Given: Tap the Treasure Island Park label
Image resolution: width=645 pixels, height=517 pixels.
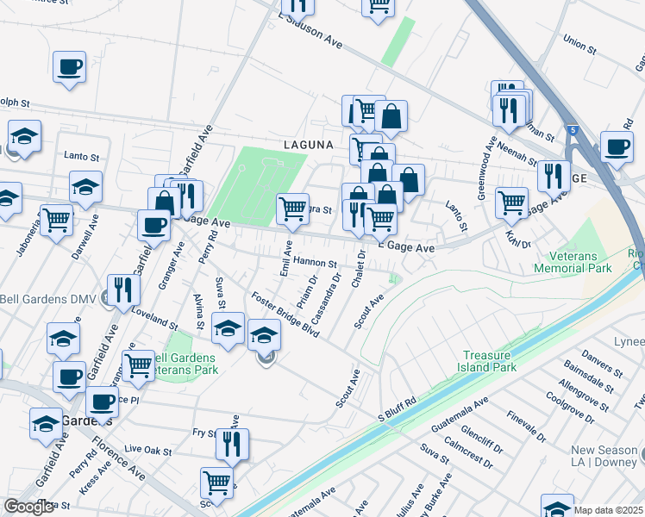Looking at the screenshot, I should [489, 361].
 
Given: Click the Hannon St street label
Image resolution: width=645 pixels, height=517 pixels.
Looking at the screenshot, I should [314, 262].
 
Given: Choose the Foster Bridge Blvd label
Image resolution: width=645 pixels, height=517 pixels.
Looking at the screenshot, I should [285, 315].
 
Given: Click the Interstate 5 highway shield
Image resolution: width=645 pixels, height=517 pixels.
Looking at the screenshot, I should [574, 130].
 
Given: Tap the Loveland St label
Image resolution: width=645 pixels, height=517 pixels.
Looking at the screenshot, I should [153, 321].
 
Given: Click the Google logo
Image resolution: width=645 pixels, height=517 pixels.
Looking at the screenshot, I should [29, 507].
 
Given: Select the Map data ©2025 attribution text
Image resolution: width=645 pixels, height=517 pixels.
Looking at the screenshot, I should [608, 510].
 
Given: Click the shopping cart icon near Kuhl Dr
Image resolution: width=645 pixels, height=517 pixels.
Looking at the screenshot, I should [512, 202].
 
